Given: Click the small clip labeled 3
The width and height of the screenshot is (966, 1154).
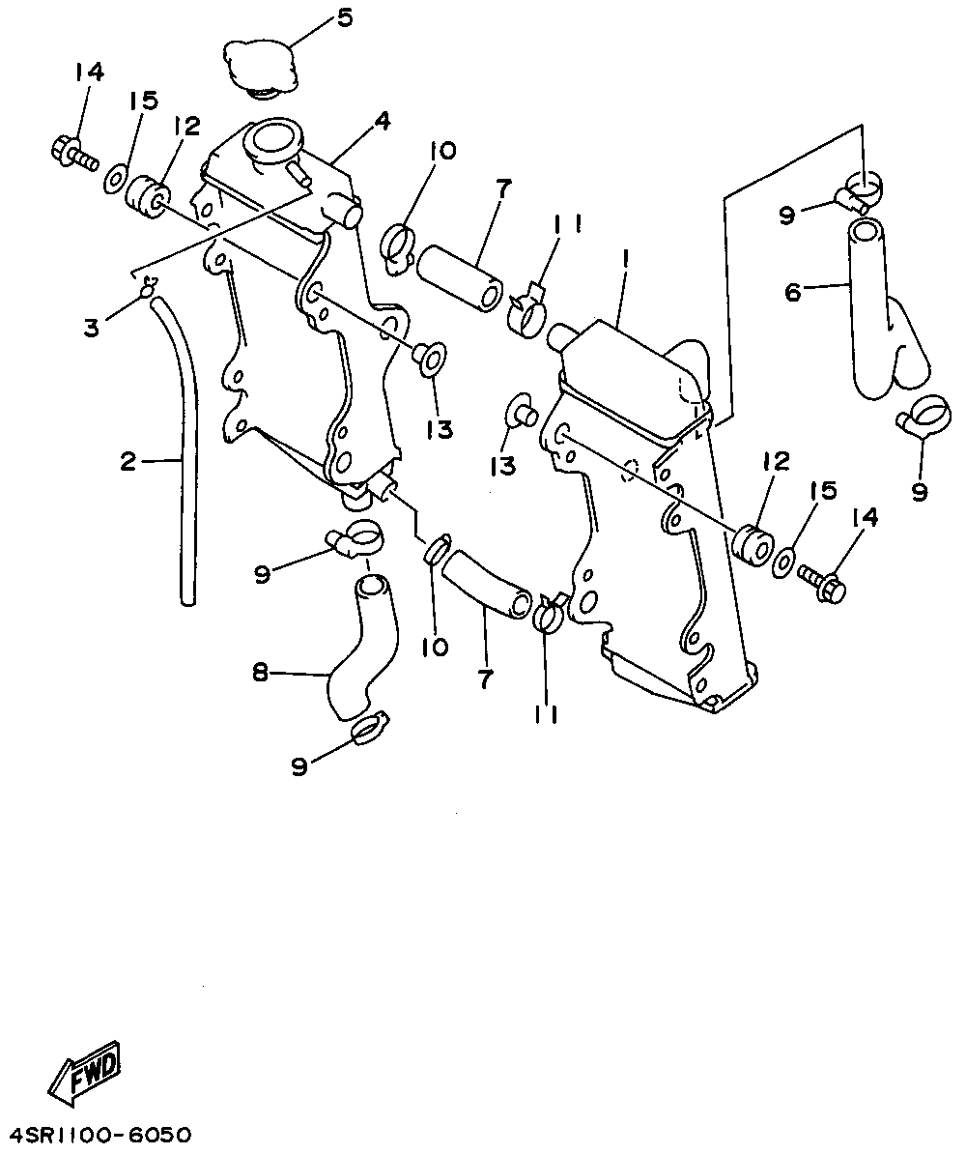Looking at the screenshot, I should [147, 286].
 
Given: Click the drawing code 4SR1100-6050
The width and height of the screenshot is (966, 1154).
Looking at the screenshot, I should [101, 1132].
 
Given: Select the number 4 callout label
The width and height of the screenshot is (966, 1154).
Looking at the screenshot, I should [383, 122].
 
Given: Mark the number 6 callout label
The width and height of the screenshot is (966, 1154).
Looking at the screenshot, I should [793, 291].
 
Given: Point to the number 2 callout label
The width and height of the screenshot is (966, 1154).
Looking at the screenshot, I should [128, 462].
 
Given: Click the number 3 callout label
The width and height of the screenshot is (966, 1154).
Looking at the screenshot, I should [92, 329].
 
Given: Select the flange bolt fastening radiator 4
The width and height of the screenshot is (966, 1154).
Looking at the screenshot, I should [70, 153].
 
